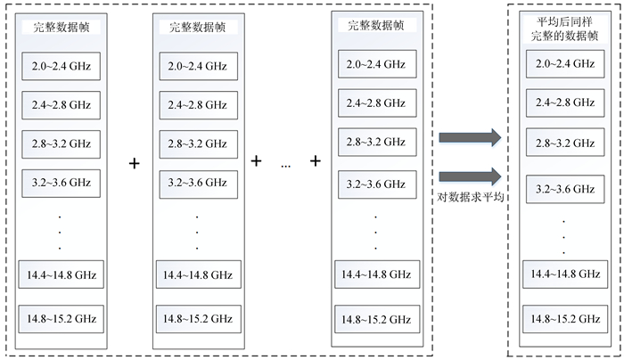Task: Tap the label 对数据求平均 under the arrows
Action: click(471, 197)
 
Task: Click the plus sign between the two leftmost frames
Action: click(135, 164)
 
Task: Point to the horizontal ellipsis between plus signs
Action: click(285, 164)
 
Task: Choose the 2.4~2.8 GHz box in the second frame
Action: click(197, 105)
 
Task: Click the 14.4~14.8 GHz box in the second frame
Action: click(197, 274)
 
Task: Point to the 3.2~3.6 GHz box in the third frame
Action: click(375, 185)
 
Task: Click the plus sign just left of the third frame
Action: click(316, 161)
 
